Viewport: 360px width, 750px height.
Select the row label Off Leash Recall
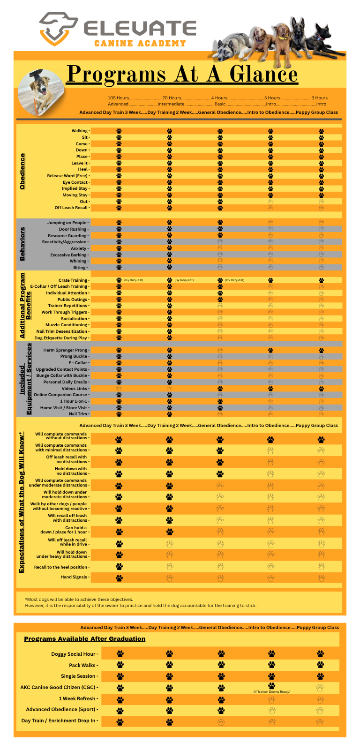point(72,208)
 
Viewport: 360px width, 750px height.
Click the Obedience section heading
point(22,171)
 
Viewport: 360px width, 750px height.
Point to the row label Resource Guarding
point(67,236)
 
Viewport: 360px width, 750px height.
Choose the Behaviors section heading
point(22,244)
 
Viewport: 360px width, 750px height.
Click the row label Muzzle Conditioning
point(67,325)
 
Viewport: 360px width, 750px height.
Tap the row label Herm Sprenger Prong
point(66,350)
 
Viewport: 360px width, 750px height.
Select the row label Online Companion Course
point(60,395)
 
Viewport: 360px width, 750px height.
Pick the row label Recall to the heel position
point(61,567)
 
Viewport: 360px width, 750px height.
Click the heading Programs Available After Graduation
point(84,639)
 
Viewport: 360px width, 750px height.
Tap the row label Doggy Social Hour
point(74,654)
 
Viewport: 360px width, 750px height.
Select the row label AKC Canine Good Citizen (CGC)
point(59,687)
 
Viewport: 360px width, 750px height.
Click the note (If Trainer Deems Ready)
point(272,692)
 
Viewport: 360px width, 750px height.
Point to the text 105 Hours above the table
point(118,98)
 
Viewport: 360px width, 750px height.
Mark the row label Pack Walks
point(82,665)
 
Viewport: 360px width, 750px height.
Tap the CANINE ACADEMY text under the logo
point(140,44)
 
